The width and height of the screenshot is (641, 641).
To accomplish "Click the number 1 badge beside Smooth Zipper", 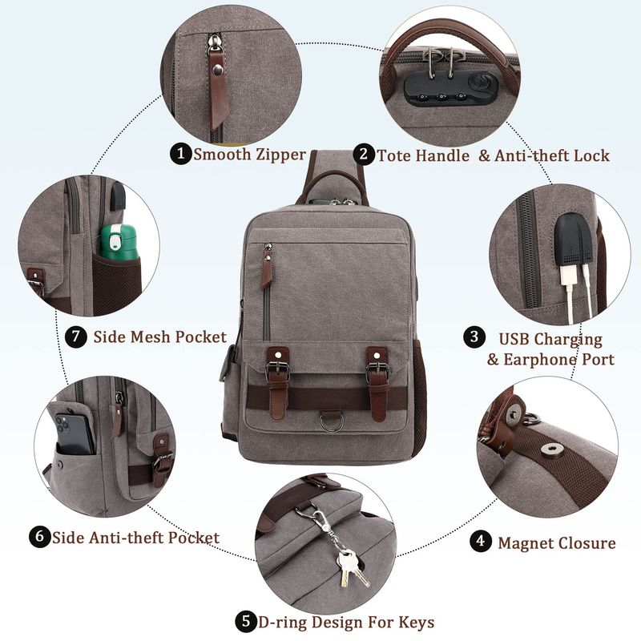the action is [181, 154].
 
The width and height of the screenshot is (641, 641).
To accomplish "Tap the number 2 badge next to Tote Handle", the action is [364, 154].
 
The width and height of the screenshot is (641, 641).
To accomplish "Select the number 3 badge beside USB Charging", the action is [474, 337].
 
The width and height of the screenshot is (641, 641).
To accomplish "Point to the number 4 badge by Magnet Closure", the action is [480, 541].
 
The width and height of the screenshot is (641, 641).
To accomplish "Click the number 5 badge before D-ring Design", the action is [246, 622].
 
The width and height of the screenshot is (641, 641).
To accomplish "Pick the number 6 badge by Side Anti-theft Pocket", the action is [39, 535].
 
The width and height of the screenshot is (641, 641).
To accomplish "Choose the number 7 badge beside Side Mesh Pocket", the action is [76, 337].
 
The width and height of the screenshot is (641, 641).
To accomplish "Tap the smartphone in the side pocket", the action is [74, 433].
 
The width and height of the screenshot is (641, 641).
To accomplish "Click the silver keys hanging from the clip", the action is [351, 568].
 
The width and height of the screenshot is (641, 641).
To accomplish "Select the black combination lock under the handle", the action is [453, 88].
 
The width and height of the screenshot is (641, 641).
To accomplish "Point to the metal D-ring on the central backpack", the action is [332, 422].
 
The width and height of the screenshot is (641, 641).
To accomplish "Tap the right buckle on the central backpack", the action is [377, 369].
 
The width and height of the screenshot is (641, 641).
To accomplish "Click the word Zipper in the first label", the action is [281, 155].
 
